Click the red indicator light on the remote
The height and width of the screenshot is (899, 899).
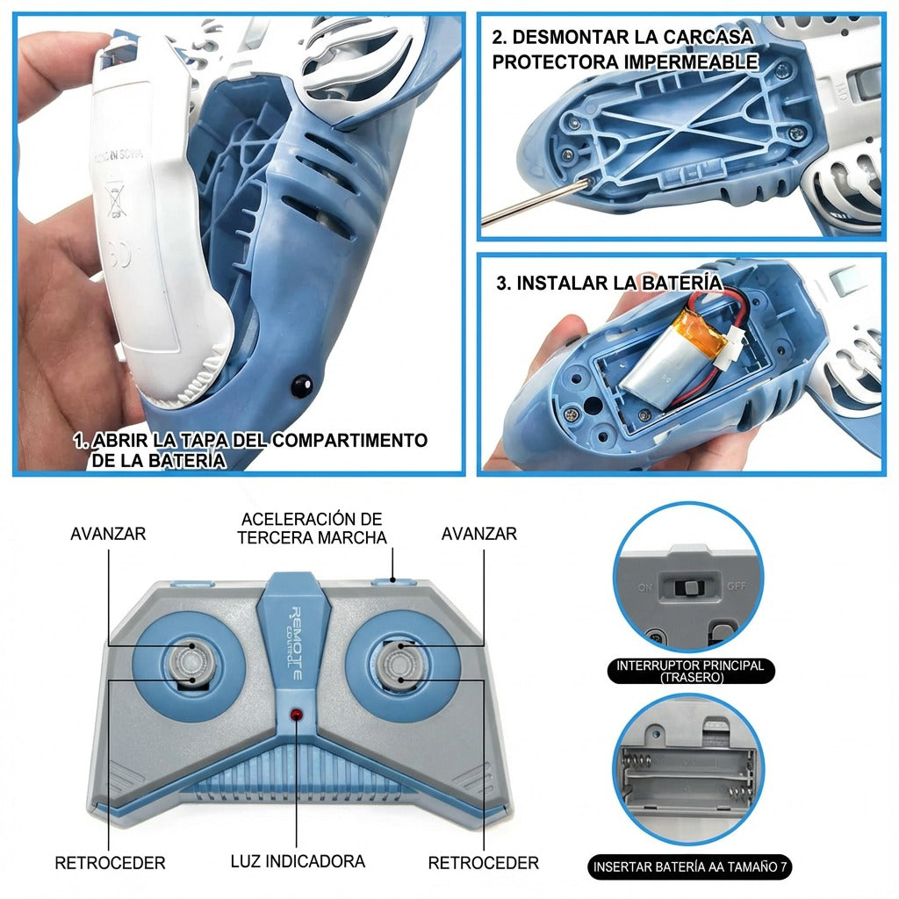tap(297, 716)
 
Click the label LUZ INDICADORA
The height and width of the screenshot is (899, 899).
tap(297, 862)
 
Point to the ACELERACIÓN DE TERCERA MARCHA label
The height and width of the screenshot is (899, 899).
tap(312, 528)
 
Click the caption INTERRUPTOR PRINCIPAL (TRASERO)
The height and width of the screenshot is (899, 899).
tap(690, 671)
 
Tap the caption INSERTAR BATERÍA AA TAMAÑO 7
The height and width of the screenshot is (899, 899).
tap(690, 867)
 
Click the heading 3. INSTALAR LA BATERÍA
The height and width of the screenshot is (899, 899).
tap(609, 284)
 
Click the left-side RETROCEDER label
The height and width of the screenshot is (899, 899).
tap(110, 862)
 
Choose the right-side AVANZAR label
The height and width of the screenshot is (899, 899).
tap(478, 534)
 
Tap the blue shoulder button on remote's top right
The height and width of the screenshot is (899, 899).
tap(386, 579)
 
